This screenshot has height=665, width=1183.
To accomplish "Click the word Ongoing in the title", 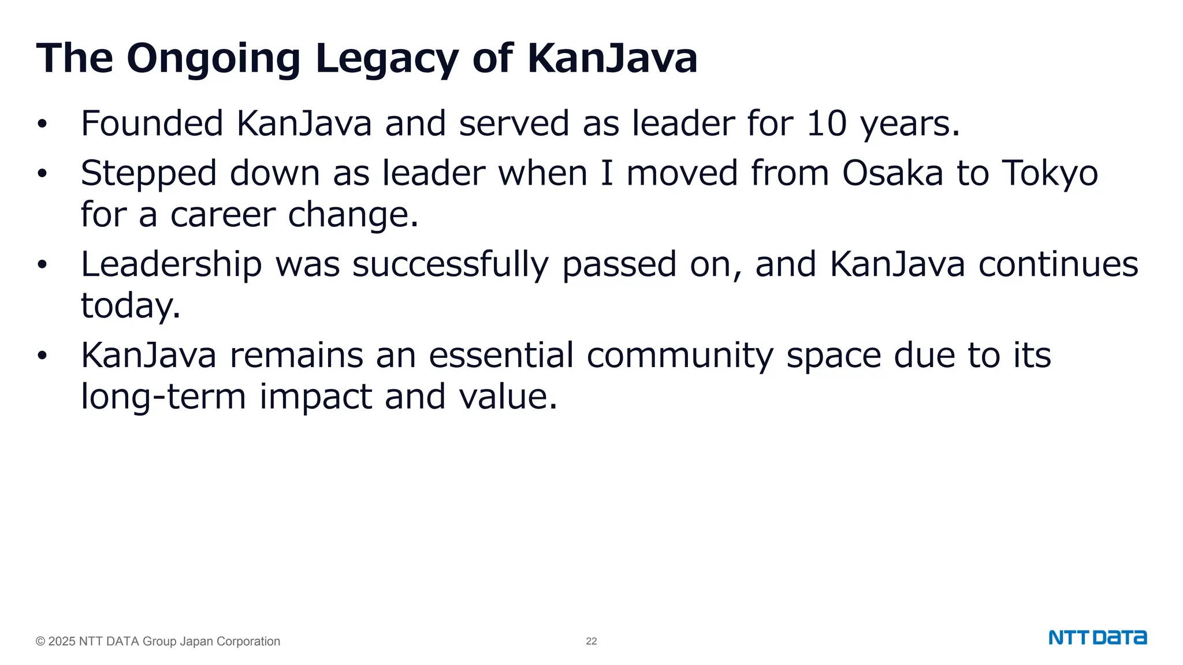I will [x=213, y=59].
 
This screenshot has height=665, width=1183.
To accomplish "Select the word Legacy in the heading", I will [x=386, y=59].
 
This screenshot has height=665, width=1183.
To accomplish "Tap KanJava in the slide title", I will [x=612, y=59].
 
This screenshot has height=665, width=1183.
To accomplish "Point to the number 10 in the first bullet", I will [x=826, y=124].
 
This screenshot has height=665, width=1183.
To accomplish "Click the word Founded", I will [x=152, y=124].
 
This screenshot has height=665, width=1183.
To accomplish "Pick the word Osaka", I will [x=892, y=173].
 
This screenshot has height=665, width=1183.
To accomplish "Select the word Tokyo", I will [x=1050, y=173].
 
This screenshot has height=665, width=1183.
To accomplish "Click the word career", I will [x=222, y=215].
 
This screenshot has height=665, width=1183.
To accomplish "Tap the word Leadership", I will [x=171, y=264].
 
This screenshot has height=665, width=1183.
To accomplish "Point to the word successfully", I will [x=450, y=264].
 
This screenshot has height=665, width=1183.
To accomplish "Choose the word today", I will [x=130, y=306].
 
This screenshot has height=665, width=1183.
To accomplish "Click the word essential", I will [x=501, y=355].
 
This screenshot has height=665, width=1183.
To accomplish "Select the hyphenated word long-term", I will [x=163, y=397].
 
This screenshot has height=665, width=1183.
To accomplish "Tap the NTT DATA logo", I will [x=1098, y=638].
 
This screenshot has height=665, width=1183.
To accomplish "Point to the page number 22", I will [x=591, y=641].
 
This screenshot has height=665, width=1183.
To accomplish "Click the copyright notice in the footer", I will [x=158, y=641].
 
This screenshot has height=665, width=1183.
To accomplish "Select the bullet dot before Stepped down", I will [x=42, y=174].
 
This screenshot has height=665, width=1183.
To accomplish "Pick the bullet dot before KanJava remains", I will [x=42, y=356].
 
